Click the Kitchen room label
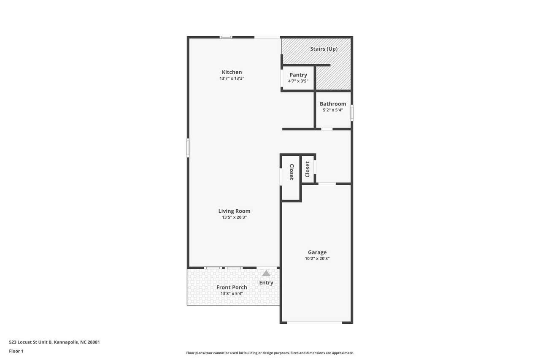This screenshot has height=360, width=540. [x=232, y=72]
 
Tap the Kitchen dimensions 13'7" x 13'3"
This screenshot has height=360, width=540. [x=232, y=78]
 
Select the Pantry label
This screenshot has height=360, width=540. [x=298, y=75]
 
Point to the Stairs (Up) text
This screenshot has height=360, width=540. [x=324, y=49]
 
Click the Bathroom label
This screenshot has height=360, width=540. [x=333, y=104]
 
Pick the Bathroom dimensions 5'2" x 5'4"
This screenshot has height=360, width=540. [x=333, y=110]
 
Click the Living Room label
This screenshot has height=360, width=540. [x=234, y=211]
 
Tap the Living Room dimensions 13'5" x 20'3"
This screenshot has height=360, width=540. [x=234, y=217]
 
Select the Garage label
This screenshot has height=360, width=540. [x=317, y=252]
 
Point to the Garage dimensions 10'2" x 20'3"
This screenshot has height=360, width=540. [x=317, y=258]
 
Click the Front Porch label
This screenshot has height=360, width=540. [x=232, y=287]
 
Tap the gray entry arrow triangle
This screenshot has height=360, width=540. [x=266, y=273]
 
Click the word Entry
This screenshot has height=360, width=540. [x=266, y=283]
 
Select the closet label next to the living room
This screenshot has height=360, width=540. [x=292, y=172]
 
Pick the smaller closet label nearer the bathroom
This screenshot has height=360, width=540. [x=308, y=169]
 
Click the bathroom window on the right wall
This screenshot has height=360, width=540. [x=352, y=113]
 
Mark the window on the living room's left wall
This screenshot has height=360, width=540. [x=188, y=148]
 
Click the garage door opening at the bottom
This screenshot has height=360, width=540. [x=314, y=322]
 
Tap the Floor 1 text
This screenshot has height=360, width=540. [x=16, y=351]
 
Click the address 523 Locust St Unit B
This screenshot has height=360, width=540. [x=30, y=342]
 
